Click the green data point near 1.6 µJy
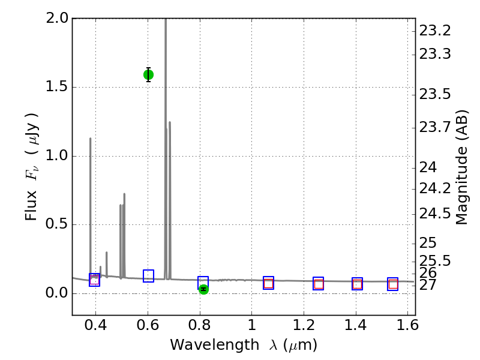148,74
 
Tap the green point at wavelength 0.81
203,289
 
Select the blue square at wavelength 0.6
148,276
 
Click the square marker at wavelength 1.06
268,283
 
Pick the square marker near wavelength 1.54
393,284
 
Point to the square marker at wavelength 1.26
319,284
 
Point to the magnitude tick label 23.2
435,31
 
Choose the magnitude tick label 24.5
435,214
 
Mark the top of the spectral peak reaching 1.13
91,139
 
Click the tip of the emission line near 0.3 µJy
106,253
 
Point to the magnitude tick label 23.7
435,127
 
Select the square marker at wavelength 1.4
357,284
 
